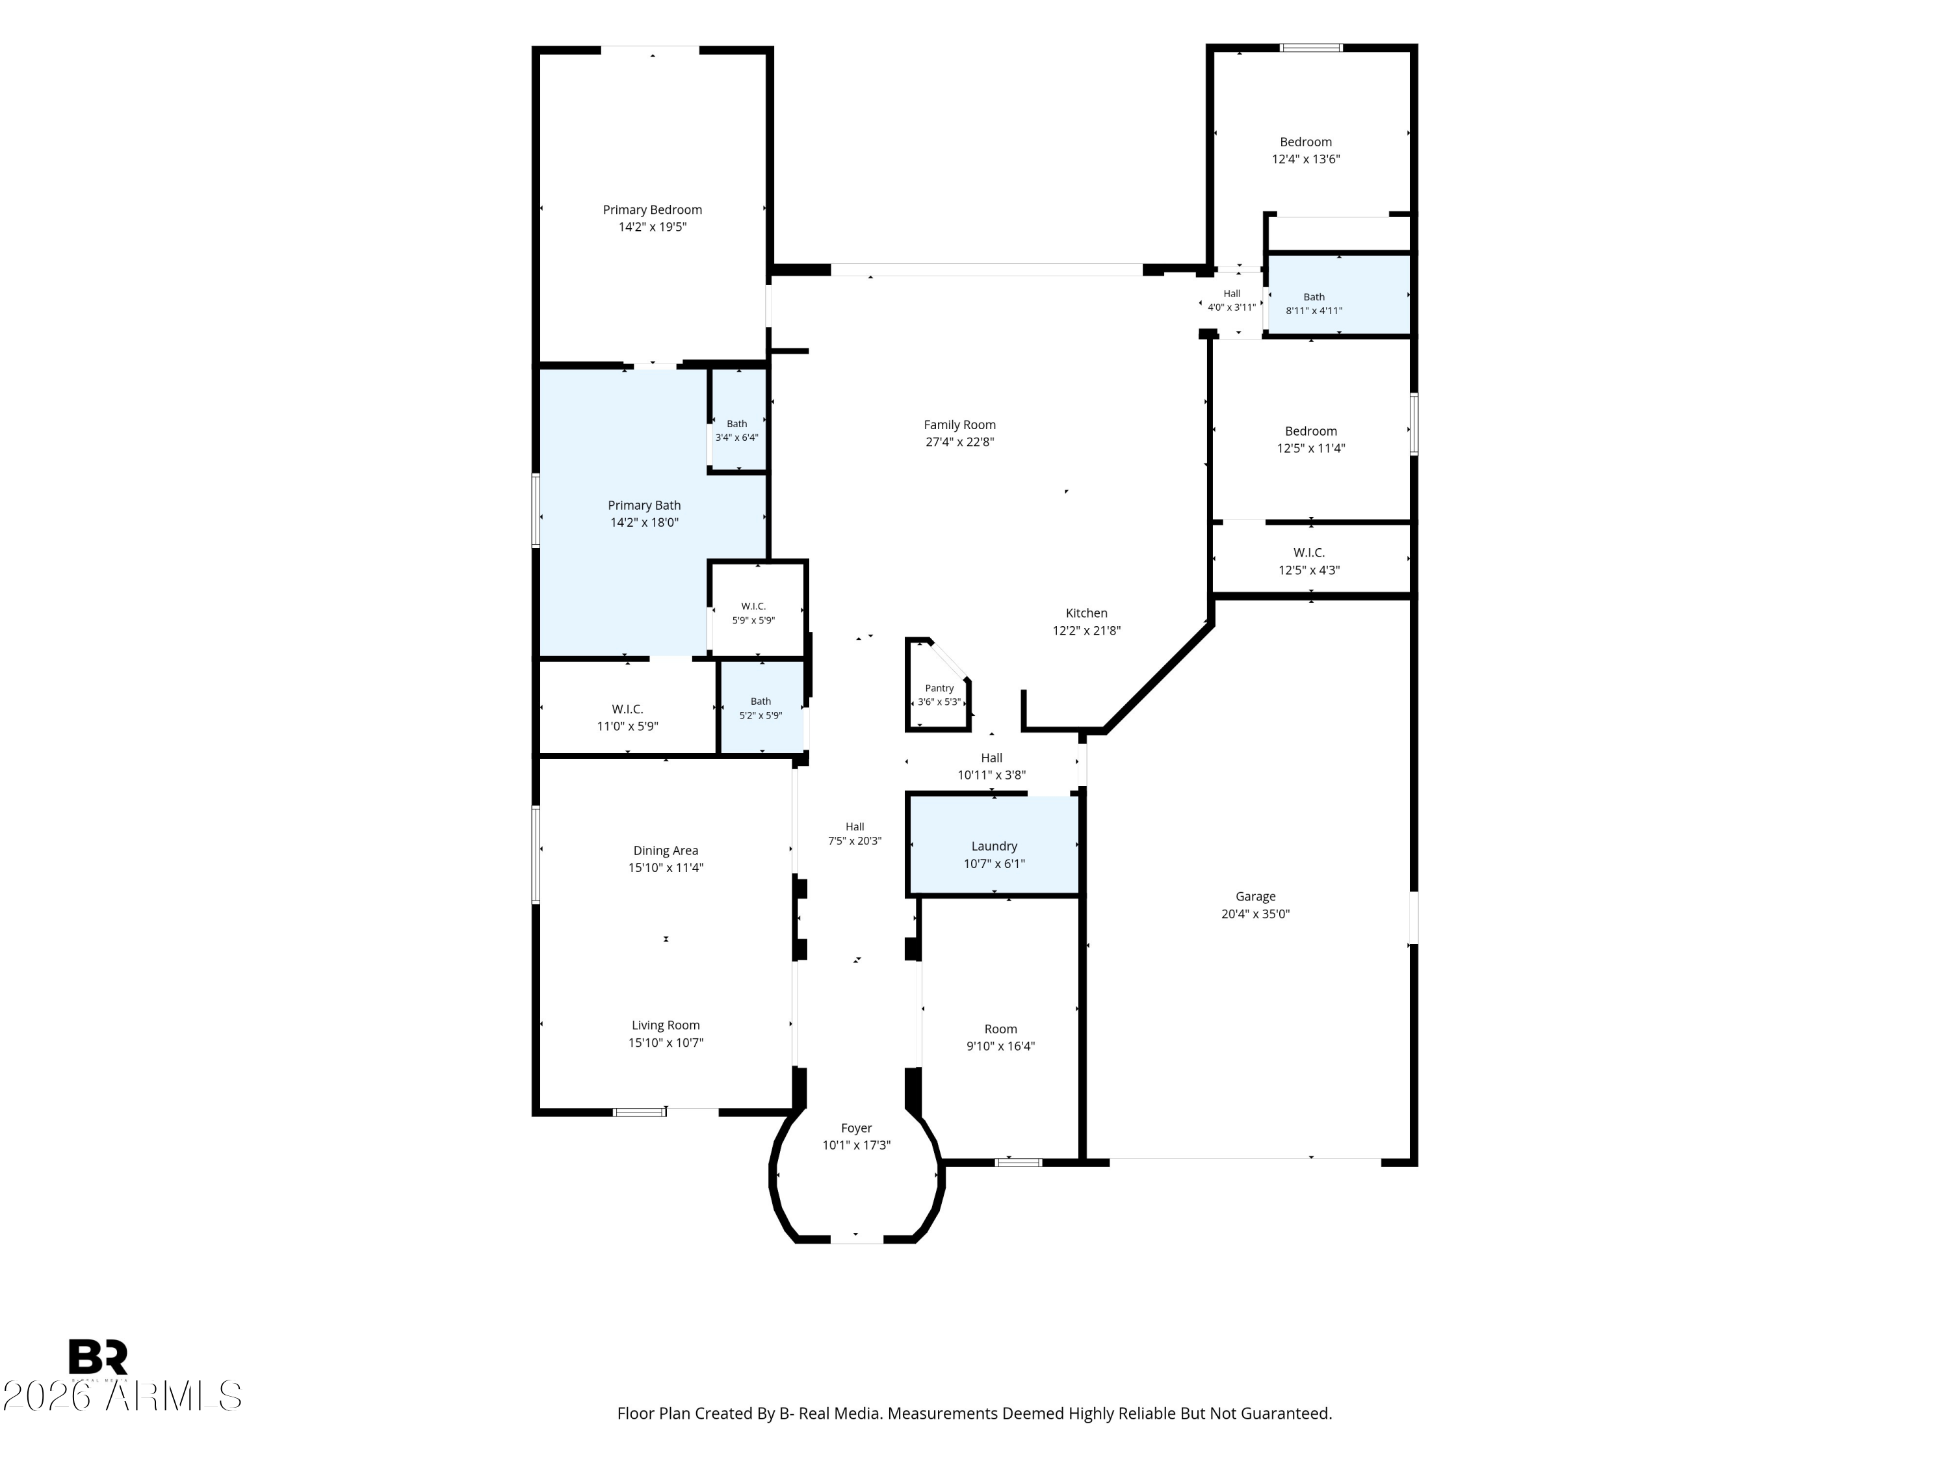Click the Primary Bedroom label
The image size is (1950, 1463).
pos(653,210)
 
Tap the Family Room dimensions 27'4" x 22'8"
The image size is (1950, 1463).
pos(960,442)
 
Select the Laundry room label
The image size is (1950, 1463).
pos(994,847)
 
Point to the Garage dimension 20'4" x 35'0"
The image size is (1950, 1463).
pos(1255,914)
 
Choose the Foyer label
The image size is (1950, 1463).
pos(857,1128)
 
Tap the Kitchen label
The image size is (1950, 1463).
pos(1087,613)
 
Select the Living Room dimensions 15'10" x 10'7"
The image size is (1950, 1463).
pos(666,1042)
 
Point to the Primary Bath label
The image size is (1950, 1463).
pos(644,505)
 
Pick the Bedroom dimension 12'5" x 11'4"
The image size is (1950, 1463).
pos(1311,448)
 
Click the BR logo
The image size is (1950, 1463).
pos(98,1357)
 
